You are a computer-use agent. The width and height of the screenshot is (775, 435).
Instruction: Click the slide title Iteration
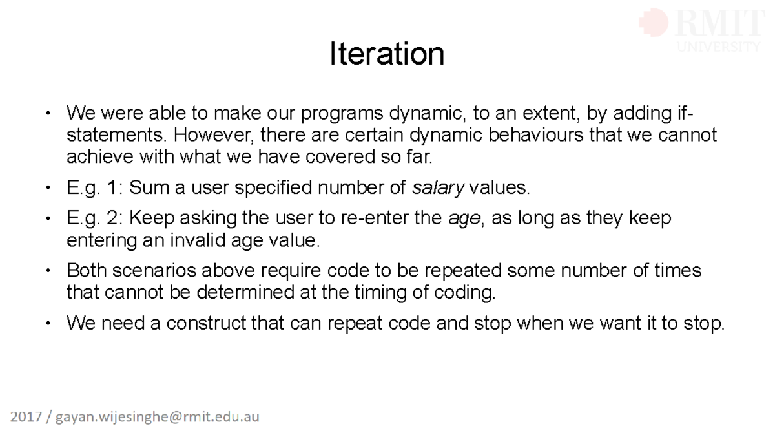pyautogui.click(x=386, y=54)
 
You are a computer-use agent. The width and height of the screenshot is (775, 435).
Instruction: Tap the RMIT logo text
pyautogui.click(x=718, y=25)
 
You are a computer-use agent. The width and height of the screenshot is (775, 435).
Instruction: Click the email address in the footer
pyautogui.click(x=158, y=417)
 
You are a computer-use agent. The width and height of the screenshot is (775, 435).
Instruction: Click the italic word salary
pyautogui.click(x=438, y=188)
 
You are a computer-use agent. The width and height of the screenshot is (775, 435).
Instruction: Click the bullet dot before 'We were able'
pyautogui.click(x=47, y=114)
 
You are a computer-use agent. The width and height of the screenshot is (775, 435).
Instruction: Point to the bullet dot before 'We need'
pyautogui.click(x=47, y=323)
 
